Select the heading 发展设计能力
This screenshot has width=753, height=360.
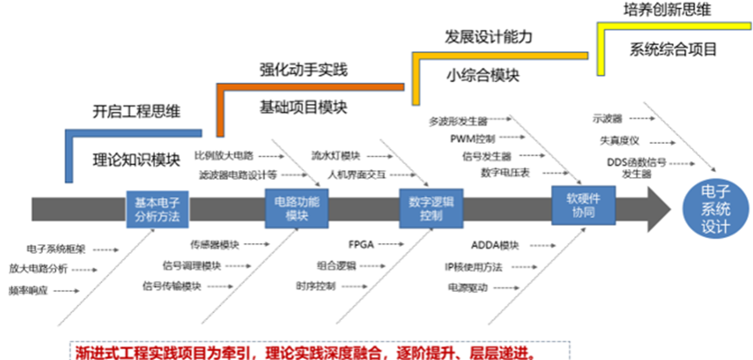coord(488,37)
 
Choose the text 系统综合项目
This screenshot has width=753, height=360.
coord(672,49)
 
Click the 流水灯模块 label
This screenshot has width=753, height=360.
coord(336,155)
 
